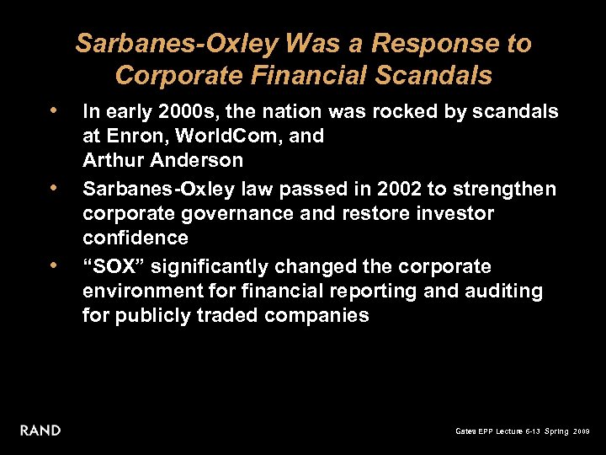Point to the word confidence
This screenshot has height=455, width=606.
135,238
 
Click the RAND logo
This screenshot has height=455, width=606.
40,431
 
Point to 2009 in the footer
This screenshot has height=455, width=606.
582,431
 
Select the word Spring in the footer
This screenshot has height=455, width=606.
556,431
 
